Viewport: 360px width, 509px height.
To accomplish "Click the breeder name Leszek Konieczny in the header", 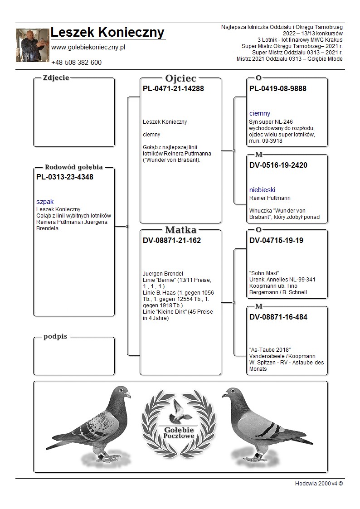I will [107, 33].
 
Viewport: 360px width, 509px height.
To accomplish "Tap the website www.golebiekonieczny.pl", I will [88, 47].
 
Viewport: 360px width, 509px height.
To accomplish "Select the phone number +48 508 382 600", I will [76, 63].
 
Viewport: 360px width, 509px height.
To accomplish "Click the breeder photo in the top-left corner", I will [32, 45].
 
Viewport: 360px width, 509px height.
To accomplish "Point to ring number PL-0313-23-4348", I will [64, 177].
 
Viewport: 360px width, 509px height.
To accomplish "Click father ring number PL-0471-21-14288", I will [173, 89].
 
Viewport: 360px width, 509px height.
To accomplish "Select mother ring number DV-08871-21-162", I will [172, 241].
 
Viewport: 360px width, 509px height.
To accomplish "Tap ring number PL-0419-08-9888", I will [278, 89].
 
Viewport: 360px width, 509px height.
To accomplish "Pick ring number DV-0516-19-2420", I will [278, 165].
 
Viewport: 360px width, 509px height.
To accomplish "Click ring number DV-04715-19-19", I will [277, 241].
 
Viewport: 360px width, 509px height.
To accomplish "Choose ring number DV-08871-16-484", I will [278, 317].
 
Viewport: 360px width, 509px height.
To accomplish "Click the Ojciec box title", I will [180, 78].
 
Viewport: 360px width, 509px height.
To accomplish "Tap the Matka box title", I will [180, 230].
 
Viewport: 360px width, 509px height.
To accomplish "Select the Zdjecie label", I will [56, 78].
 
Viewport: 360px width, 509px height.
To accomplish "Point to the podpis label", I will [55, 336].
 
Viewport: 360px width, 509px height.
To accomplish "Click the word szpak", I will [45, 202].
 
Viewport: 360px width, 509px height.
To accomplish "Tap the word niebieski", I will [262, 190].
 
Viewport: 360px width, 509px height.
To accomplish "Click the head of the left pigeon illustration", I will [122, 393].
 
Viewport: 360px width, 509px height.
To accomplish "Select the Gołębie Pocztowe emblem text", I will [180, 432].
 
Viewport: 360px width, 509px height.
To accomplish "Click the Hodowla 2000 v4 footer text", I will [319, 483].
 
